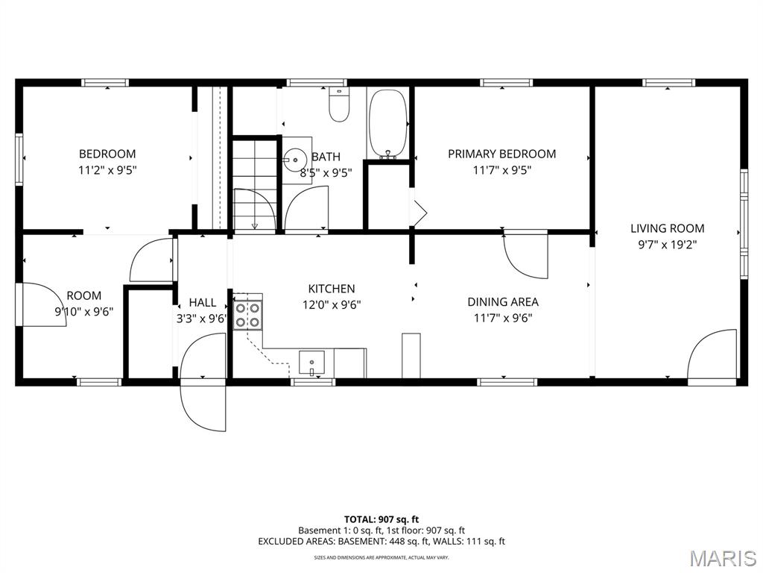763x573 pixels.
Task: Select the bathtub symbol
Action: point(387,124)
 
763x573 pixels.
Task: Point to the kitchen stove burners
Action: point(247,315)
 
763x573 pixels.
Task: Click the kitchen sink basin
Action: point(312,363)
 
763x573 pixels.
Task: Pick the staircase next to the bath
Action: point(254,185)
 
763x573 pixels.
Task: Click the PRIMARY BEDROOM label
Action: point(501,154)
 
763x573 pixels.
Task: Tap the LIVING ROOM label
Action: point(667,228)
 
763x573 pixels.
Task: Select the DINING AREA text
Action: point(503,302)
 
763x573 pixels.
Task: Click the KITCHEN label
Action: point(332,289)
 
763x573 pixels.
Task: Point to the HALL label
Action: point(203,303)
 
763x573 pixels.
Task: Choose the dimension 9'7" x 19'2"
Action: point(667,245)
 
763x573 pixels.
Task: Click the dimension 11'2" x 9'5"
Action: point(107,171)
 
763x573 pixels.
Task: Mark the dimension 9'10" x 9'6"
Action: point(84,312)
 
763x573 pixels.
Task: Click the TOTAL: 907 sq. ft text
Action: point(381,519)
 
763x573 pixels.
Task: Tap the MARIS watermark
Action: point(724,558)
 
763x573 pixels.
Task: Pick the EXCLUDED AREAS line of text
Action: point(381,542)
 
